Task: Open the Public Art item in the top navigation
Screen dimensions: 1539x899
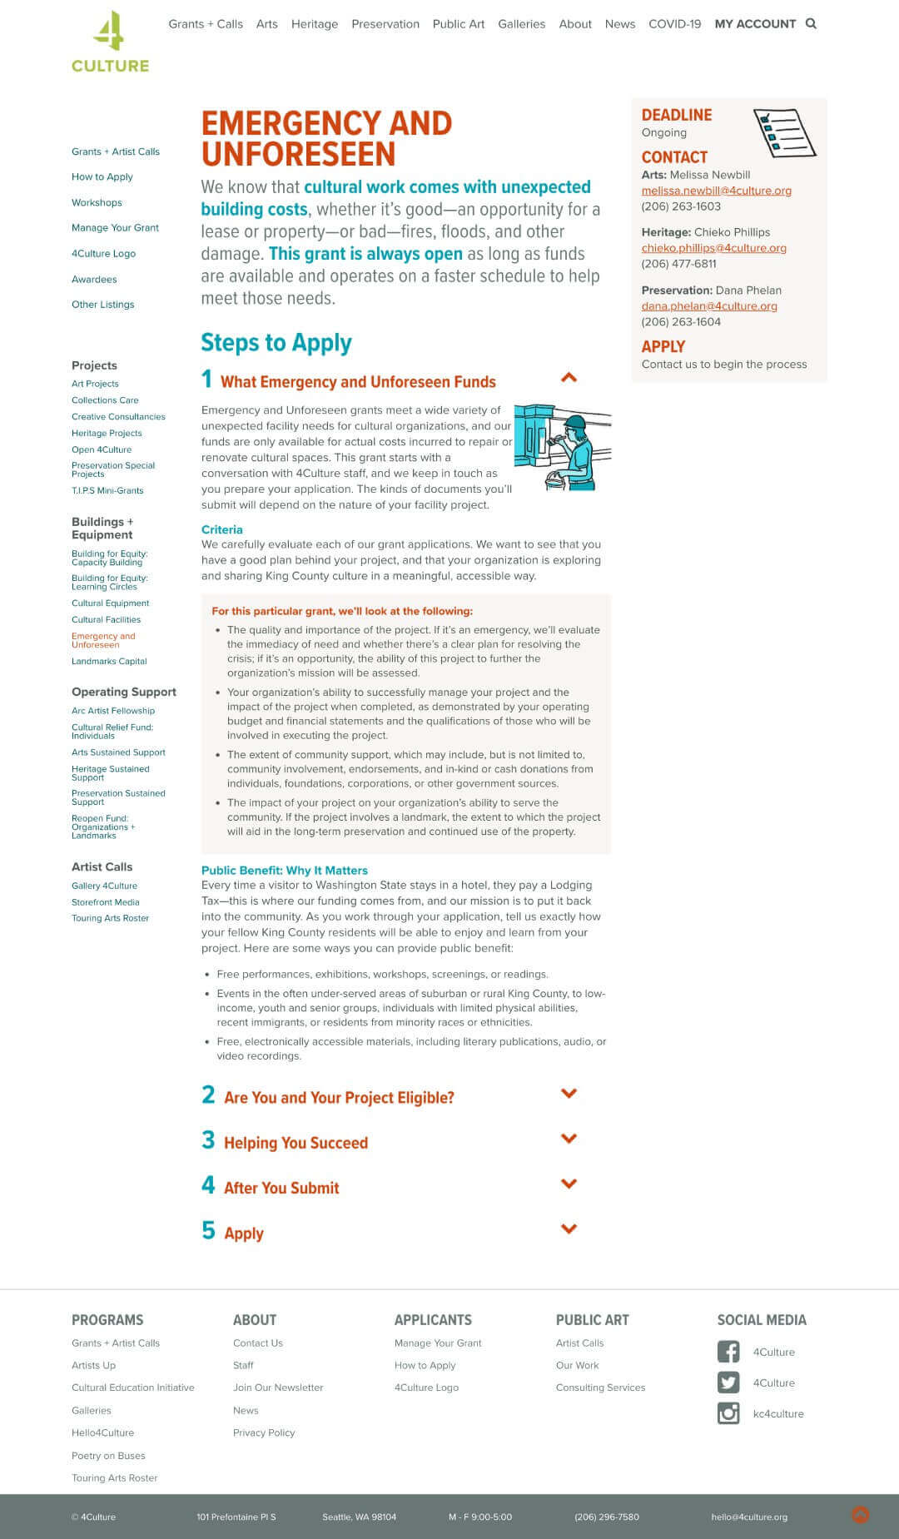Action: pos(458,24)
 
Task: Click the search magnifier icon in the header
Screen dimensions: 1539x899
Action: pos(811,24)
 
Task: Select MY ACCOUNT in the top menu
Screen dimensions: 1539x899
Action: pos(755,24)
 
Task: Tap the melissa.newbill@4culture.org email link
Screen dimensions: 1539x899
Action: pos(716,191)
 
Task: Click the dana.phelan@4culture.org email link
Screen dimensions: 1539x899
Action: pos(708,306)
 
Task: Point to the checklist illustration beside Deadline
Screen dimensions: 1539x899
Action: pos(784,132)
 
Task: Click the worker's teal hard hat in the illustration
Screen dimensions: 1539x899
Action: pos(574,422)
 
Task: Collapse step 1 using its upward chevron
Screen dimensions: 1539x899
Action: pos(569,377)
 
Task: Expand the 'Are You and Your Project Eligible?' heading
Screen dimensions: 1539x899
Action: pos(339,1097)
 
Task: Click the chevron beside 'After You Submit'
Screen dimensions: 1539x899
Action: pos(569,1184)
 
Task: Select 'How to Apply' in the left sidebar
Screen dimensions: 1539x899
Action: pos(102,176)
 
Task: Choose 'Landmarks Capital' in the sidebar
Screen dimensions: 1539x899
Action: pos(109,661)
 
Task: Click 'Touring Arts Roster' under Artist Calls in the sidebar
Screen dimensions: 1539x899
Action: pos(110,918)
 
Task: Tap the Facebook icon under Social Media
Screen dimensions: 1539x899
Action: pos(728,1352)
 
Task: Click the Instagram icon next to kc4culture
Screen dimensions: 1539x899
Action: pos(728,1413)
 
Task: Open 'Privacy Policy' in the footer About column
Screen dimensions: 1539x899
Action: pos(264,1432)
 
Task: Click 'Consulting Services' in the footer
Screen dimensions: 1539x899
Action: pos(600,1388)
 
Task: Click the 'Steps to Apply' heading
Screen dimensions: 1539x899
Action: pos(276,343)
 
